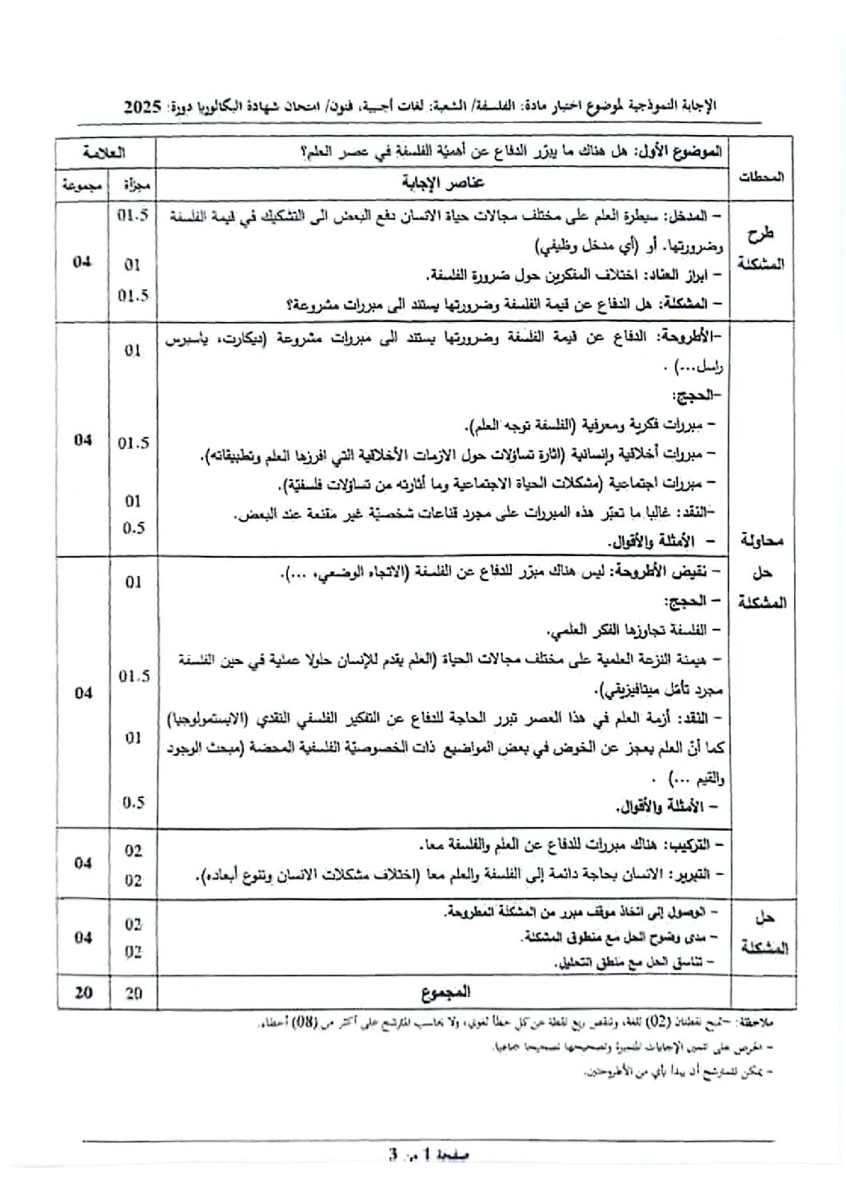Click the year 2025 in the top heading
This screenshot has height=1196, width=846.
pos(144,106)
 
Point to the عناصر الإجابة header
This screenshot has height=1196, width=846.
pos(443,182)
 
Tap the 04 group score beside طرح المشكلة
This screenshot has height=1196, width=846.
pos(82,262)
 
